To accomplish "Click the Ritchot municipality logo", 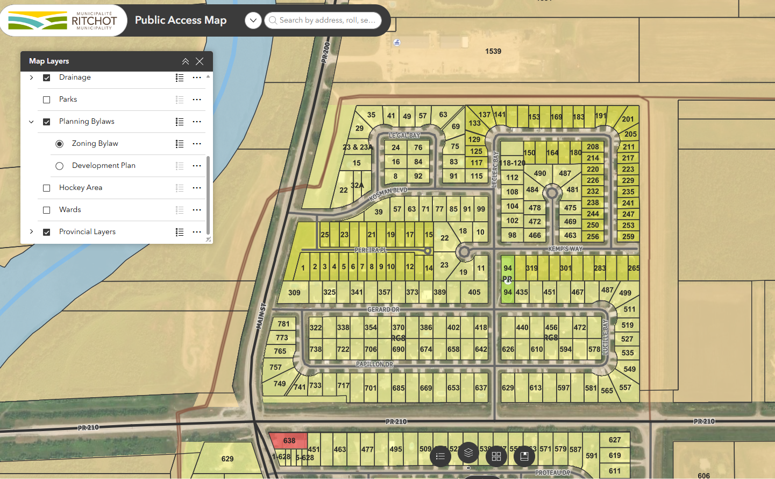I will point(63,20).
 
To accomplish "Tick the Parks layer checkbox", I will point(47,100).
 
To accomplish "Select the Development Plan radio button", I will point(60,166).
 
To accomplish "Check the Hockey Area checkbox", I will point(47,188).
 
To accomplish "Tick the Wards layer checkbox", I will point(47,210).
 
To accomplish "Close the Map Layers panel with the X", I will point(200,61).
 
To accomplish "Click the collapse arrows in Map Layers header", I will point(186,61).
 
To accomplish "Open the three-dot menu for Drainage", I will point(197,78).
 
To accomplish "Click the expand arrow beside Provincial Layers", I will point(32,232).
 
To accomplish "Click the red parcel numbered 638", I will point(289,441).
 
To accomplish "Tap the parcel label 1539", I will point(493,51).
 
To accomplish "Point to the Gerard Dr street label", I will point(383,309).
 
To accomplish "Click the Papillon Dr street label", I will point(374,364).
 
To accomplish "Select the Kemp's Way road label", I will point(565,249).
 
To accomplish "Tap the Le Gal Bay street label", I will point(404,136).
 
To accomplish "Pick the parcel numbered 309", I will point(294,293).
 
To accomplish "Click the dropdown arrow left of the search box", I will point(253,20).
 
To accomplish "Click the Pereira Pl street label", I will point(371,250).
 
